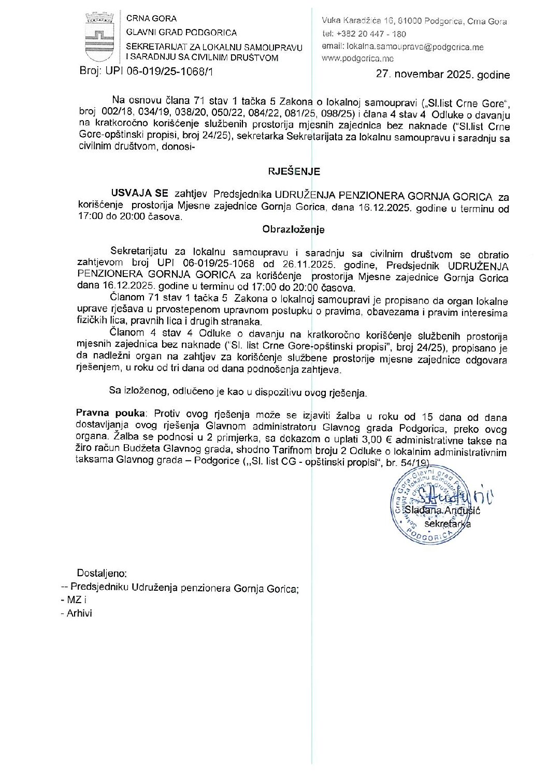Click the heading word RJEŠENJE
click(x=294, y=171)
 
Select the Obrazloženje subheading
click(x=293, y=229)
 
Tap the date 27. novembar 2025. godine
click(x=442, y=75)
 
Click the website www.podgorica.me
click(x=357, y=59)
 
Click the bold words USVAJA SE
click(x=139, y=193)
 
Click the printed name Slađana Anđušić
click(x=443, y=511)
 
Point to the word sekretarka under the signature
click(x=447, y=524)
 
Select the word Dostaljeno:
click(x=102, y=573)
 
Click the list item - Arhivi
click(x=77, y=613)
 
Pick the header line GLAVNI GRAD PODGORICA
click(x=181, y=33)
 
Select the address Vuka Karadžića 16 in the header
click(x=357, y=21)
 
